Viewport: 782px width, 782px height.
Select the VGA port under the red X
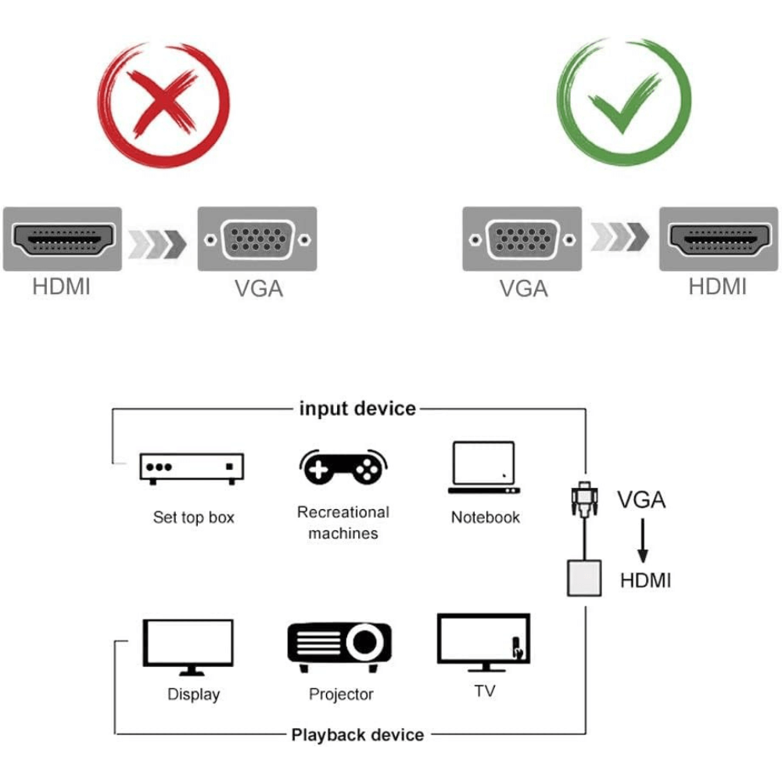tap(257, 239)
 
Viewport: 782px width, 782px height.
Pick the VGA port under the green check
tap(522, 239)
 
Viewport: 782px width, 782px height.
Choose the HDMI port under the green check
tap(718, 239)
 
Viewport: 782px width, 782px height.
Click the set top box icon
tap(192, 468)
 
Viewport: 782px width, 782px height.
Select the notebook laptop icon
tap(484, 468)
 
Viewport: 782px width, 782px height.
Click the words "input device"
tap(357, 408)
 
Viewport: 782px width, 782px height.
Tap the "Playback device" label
tap(357, 734)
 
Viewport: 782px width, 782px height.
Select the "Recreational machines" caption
tap(343, 522)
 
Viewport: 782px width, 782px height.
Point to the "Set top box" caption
tap(193, 517)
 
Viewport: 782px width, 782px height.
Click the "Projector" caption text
tap(341, 694)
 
